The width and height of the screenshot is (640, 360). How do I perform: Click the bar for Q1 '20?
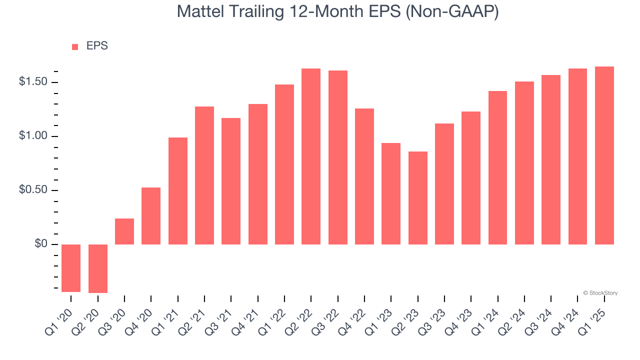[71, 268]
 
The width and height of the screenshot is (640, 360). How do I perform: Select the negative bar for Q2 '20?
[98, 268]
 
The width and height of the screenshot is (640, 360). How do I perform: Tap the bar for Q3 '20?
[124, 231]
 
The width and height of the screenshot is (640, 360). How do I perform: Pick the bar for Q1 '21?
[178, 191]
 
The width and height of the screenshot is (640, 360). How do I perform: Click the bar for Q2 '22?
[311, 156]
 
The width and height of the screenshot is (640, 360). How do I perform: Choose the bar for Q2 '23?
[418, 198]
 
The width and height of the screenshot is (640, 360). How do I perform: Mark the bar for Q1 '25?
[604, 155]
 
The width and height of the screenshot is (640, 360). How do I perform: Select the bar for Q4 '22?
[364, 176]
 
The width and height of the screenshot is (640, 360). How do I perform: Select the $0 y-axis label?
[40, 244]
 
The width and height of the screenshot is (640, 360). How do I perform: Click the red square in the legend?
[75, 47]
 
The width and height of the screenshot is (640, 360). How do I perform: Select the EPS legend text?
[97, 46]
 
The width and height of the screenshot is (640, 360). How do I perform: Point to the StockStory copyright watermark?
[600, 293]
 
